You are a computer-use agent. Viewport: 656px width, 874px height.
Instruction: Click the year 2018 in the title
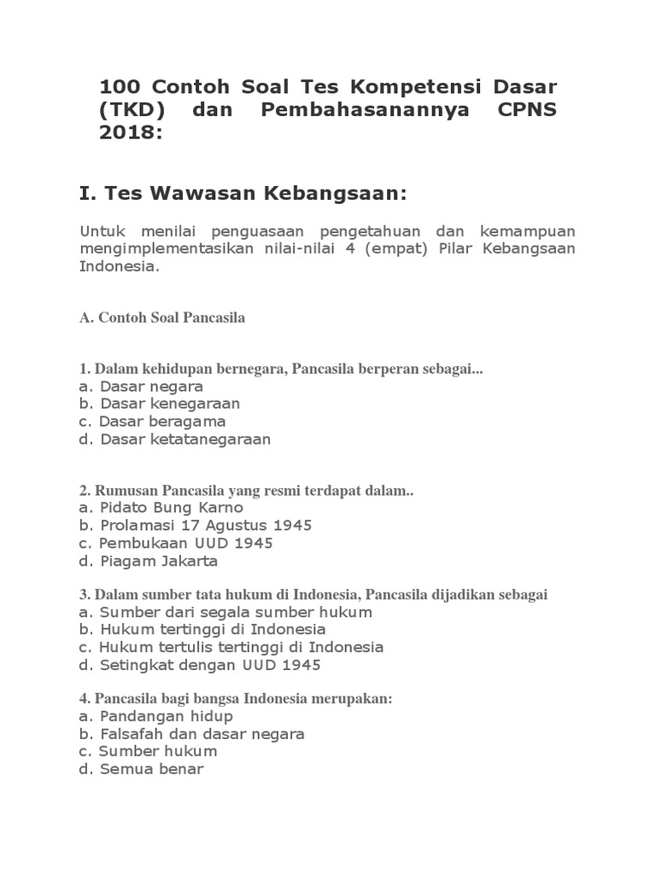pyautogui.click(x=127, y=132)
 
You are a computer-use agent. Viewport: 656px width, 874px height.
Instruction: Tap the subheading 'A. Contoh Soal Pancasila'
pyautogui.click(x=162, y=318)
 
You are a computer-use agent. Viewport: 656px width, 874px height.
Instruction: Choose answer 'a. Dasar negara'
pyautogui.click(x=141, y=386)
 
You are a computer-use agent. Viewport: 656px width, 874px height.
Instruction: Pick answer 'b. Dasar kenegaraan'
pyautogui.click(x=160, y=404)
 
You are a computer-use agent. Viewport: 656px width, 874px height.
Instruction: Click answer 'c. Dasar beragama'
pyautogui.click(x=152, y=422)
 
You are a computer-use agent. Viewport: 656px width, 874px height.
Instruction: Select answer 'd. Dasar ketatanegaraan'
pyautogui.click(x=174, y=440)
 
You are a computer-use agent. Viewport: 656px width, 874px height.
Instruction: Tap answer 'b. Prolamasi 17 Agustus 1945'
pyautogui.click(x=196, y=526)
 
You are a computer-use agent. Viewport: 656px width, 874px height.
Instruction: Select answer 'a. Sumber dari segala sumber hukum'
pyautogui.click(x=225, y=612)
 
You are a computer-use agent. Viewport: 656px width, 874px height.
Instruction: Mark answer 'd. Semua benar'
pyautogui.click(x=142, y=769)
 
